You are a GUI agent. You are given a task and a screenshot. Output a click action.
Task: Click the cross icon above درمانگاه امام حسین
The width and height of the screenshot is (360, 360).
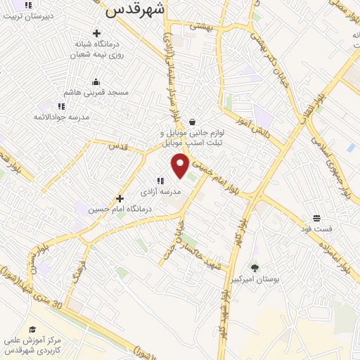point(120,198)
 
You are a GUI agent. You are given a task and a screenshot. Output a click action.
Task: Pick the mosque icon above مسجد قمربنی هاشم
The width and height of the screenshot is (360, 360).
point(96,82)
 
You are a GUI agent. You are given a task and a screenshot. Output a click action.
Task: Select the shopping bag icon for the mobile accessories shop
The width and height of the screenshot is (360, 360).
point(192,122)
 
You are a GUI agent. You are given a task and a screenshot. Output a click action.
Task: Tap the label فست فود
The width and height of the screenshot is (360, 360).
point(316,229)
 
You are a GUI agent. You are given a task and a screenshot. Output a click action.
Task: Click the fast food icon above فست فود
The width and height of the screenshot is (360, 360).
point(316,218)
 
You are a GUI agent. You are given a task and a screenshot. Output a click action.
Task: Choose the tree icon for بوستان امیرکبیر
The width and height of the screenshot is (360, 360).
point(255,267)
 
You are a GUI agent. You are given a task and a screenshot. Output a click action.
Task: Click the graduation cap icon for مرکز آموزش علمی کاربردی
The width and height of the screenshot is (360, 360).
point(32,328)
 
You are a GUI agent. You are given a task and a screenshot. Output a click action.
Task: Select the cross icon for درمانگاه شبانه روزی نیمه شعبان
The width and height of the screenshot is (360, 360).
point(96,32)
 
